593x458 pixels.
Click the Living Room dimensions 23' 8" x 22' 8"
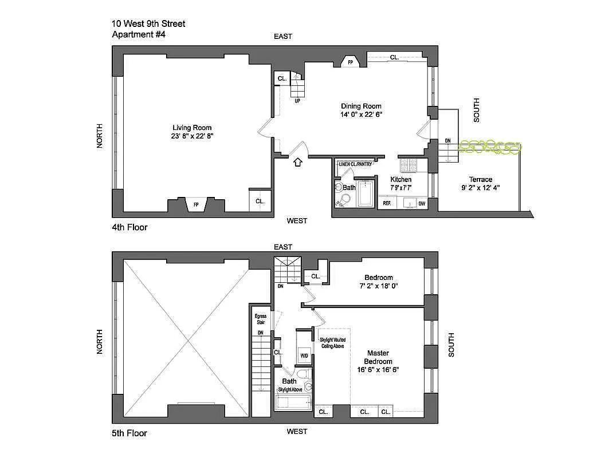coord(192,136)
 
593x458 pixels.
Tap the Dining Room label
coord(361,106)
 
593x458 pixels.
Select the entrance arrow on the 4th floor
coord(297,162)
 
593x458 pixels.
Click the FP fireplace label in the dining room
coord(350,62)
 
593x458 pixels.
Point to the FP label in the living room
coord(196,204)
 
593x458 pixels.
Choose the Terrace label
coord(480,179)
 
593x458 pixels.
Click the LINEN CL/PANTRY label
coord(355,164)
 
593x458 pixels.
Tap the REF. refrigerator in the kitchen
coord(387,203)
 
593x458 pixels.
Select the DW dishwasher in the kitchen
coord(422,203)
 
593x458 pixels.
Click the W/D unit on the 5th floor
coord(304,356)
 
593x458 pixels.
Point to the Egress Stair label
coord(260,319)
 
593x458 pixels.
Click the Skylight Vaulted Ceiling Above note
coord(332,343)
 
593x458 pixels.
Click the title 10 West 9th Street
coord(148,23)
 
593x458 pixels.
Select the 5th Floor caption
coord(129,433)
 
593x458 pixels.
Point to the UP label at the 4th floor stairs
coord(297,101)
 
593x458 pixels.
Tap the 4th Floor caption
coord(129,227)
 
